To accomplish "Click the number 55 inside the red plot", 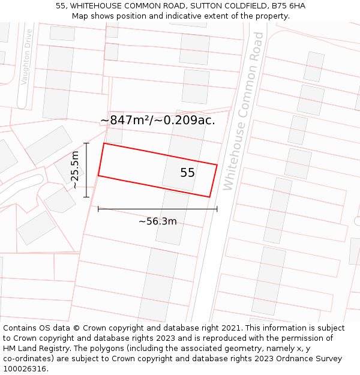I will pos(187,173).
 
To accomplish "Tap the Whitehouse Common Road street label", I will pos(243,111).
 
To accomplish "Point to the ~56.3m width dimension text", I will pos(158,221).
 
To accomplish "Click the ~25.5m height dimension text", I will pos(75,170).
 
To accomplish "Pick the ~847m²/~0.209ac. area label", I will pos(157,120).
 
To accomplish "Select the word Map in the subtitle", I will pos(80,16).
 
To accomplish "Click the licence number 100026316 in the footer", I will pos(24,369).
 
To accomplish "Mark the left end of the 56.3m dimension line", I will pos(98,209).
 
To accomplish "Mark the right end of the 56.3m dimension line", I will pos(217,209).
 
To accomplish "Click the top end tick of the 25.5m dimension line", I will pos(86,143).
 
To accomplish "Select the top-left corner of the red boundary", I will pos(104,143).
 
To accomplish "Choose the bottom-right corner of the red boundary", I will pos(209,197).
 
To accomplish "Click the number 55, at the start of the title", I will pos(61,6).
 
